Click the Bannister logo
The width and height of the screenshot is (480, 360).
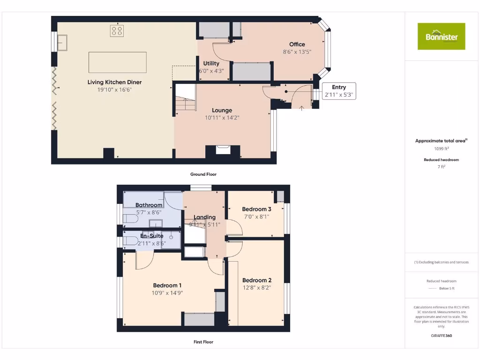click(x=441, y=36)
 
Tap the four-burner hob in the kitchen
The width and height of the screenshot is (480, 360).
click(x=117, y=31)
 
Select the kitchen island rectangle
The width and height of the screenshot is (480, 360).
click(x=117, y=62)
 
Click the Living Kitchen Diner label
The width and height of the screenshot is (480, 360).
click(x=114, y=82)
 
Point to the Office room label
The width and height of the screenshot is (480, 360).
click(x=297, y=45)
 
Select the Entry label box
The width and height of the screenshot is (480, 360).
click(x=339, y=90)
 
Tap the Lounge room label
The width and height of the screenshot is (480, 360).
click(x=222, y=110)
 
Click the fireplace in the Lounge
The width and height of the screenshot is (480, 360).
click(x=223, y=150)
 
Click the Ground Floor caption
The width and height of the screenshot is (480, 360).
click(x=203, y=174)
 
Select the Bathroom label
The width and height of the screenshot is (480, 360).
click(x=149, y=205)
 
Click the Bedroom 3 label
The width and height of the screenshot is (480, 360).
click(x=256, y=209)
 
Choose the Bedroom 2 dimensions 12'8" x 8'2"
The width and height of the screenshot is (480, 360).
click(x=256, y=287)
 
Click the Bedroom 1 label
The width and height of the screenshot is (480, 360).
click(x=167, y=285)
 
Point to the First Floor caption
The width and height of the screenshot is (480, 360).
click(x=203, y=342)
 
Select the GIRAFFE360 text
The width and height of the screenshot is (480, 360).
click(x=441, y=336)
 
